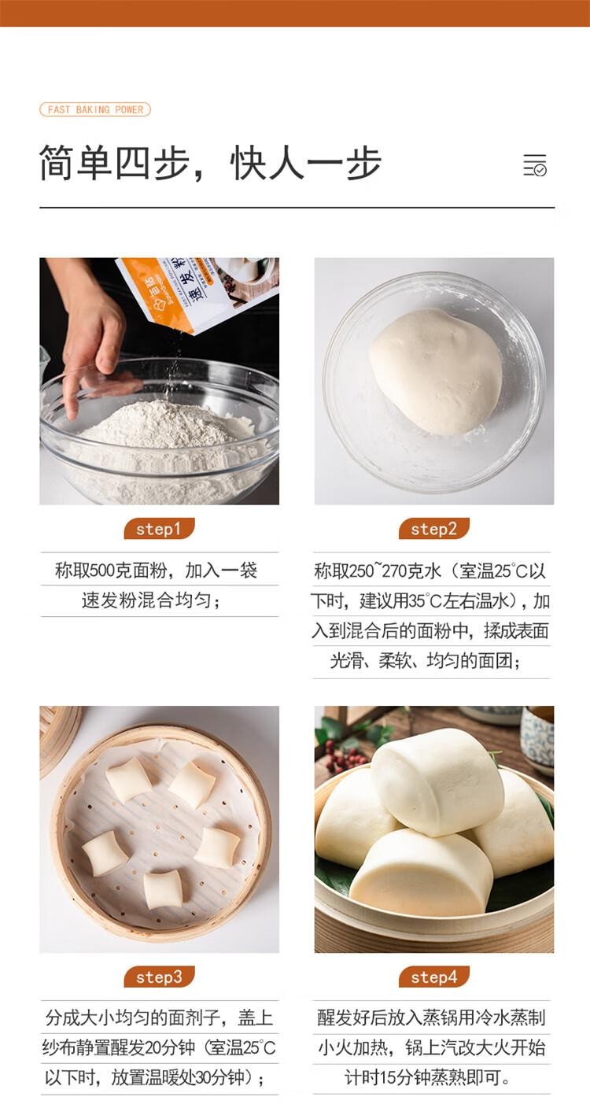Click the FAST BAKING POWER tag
tap(95, 109)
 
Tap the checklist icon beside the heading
tap(535, 164)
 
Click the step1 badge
tap(159, 529)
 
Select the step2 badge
tap(434, 529)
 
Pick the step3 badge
tap(159, 977)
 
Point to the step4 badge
tap(434, 977)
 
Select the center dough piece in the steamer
tap(217, 848)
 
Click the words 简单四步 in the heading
tap(114, 164)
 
